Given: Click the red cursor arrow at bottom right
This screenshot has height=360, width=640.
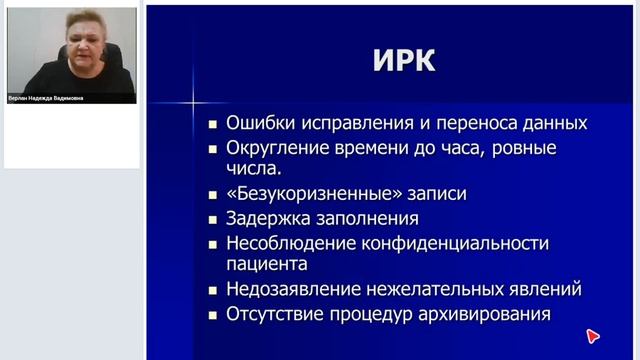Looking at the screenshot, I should pos(592,336).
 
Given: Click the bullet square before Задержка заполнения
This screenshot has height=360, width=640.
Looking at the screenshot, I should pos(212,218).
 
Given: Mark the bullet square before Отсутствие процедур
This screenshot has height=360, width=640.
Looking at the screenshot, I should pos(212,315).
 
